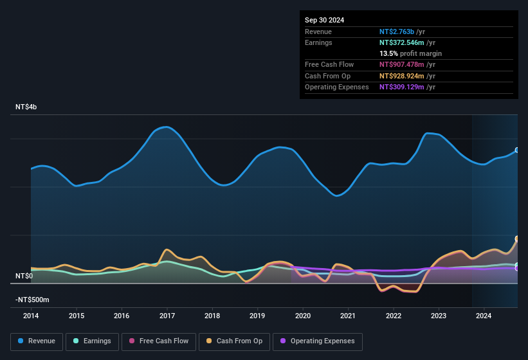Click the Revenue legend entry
[x=37, y=341]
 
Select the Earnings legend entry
[x=92, y=341]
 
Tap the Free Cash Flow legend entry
[x=159, y=341]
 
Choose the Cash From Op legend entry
[x=235, y=341]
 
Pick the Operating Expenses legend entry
[x=317, y=341]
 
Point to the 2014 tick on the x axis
[x=31, y=316]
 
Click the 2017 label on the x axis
[x=167, y=316]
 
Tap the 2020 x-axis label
[x=303, y=316]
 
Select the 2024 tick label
[x=484, y=316]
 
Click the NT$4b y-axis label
[x=26, y=107]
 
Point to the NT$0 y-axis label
[x=24, y=276]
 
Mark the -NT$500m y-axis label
[x=32, y=300]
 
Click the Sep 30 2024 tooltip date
[x=324, y=20]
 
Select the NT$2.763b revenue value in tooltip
[x=397, y=32]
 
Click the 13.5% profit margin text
[x=410, y=53]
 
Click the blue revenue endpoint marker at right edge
[x=517, y=150]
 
